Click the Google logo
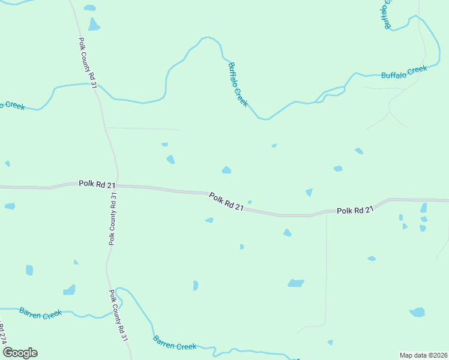click(20, 353)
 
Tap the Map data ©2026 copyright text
click(422, 355)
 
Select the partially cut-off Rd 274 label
click(2, 334)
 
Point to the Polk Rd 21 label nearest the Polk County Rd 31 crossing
click(97, 184)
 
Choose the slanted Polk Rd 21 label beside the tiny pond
click(226, 201)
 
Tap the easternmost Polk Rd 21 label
click(355, 210)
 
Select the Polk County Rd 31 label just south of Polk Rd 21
click(112, 219)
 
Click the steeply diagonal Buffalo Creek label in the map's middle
click(238, 85)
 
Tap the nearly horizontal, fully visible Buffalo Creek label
click(404, 73)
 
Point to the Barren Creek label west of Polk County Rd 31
click(41, 313)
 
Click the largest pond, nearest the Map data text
click(417, 312)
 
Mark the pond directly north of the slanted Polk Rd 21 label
click(226, 170)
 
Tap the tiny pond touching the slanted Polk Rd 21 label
click(250, 202)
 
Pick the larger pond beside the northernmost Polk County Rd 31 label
click(94, 25)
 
